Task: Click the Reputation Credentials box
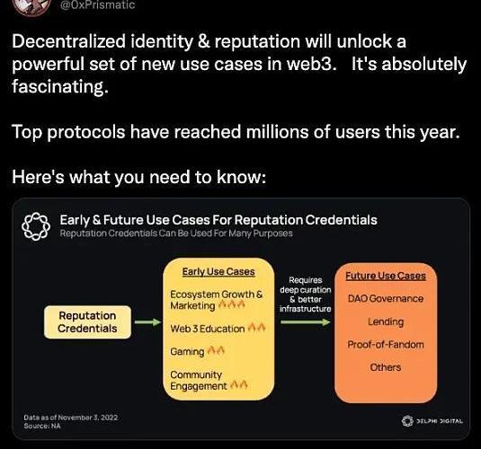point(87,322)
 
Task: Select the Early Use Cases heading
point(218,271)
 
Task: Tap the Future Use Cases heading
point(386,276)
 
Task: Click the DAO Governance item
point(386,298)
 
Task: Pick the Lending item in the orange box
point(386,321)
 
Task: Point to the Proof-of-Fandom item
point(386,345)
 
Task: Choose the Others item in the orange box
point(386,367)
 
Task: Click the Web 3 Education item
point(208,329)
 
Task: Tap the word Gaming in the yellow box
point(187,352)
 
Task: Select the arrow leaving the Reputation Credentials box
point(147,322)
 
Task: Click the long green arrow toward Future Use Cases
point(306,322)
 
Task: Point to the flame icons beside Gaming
point(216,350)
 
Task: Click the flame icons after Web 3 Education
point(256,328)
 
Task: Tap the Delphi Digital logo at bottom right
point(432,421)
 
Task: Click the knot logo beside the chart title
point(36,226)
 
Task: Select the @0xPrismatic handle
point(98,4)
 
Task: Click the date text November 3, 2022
point(88,418)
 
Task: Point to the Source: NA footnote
point(42,426)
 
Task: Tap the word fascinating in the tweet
point(60,87)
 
